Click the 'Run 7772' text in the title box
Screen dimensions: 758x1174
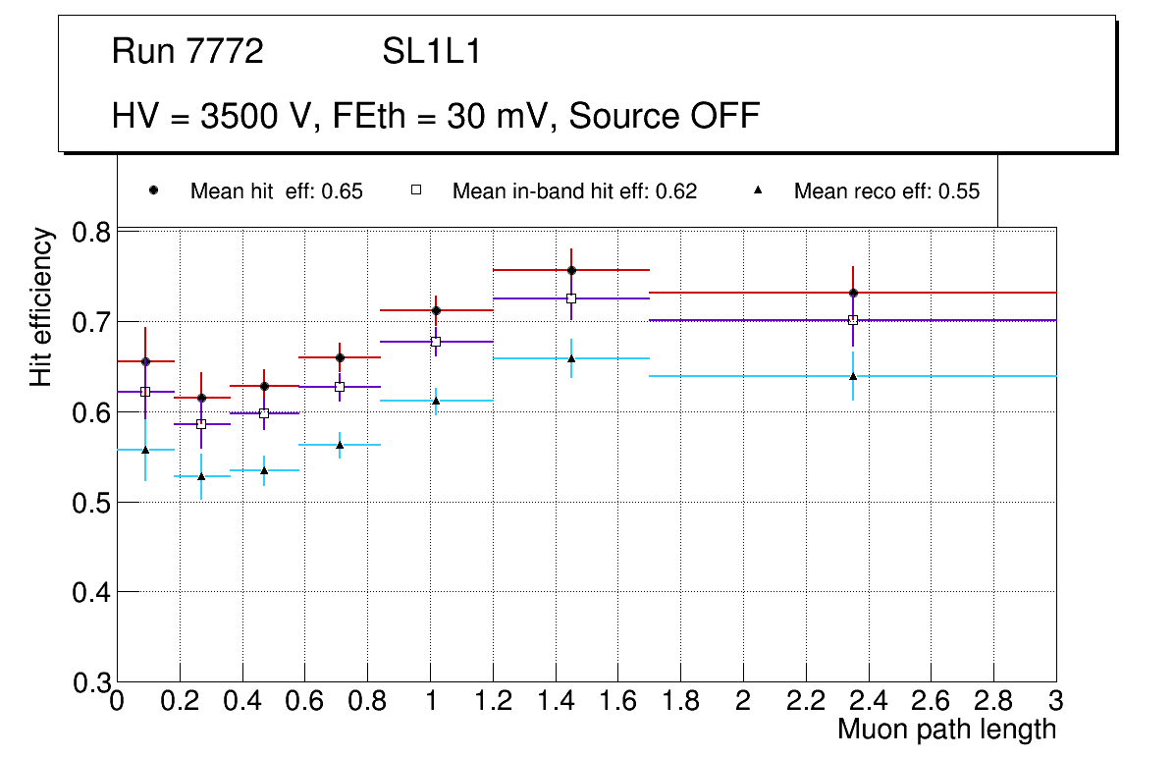click(x=187, y=52)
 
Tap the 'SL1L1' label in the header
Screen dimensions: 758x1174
click(x=432, y=52)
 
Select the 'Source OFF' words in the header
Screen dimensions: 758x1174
click(x=665, y=116)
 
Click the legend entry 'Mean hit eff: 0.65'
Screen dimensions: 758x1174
click(x=276, y=191)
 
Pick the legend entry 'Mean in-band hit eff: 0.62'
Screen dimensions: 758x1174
click(x=574, y=191)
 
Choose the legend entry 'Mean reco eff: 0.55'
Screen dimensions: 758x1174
click(x=886, y=191)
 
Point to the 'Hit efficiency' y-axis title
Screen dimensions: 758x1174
click(x=41, y=307)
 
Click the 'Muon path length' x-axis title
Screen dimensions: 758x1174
click(x=946, y=730)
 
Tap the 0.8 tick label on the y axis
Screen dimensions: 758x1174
click(x=91, y=233)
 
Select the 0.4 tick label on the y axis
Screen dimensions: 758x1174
click(x=91, y=593)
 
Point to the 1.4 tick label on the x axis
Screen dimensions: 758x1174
click(x=555, y=701)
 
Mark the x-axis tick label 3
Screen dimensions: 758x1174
click(x=1056, y=701)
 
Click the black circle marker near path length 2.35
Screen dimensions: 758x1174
click(x=853, y=293)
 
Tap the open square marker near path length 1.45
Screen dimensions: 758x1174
click(x=571, y=298)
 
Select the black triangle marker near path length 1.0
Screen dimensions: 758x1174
click(x=436, y=401)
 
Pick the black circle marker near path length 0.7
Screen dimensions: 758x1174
click(x=340, y=357)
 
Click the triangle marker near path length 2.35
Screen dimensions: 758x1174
click(x=853, y=376)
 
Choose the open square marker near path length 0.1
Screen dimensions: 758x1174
click(x=145, y=392)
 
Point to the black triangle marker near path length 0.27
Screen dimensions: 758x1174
click(x=201, y=476)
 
